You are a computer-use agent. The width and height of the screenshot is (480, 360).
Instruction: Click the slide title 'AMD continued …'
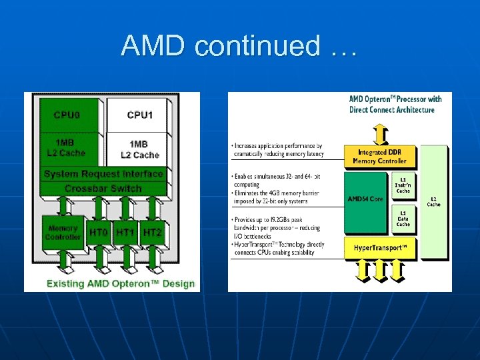coord(239,46)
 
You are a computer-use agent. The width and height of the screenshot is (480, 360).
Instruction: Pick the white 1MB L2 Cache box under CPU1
coord(139,149)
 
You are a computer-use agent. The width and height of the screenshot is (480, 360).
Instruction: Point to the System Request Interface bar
coord(103,174)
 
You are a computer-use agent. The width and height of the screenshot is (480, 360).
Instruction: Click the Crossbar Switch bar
coord(103,189)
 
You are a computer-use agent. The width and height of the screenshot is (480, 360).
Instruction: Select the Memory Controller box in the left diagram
coord(63,233)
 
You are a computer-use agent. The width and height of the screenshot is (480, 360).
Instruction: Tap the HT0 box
coord(99,233)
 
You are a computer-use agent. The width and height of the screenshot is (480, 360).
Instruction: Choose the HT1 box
coord(125,233)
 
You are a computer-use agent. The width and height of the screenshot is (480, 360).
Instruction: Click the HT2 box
coord(152,233)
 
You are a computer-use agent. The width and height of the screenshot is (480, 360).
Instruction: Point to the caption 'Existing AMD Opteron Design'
coord(121,283)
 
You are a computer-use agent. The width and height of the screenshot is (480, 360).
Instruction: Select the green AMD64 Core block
coord(366,199)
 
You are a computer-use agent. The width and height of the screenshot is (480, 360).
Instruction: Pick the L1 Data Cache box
coord(403,219)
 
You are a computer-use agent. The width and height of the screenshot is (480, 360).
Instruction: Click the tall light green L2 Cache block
coord(433,201)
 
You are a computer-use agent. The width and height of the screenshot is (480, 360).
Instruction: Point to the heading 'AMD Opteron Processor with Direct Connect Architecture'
coord(395,105)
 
